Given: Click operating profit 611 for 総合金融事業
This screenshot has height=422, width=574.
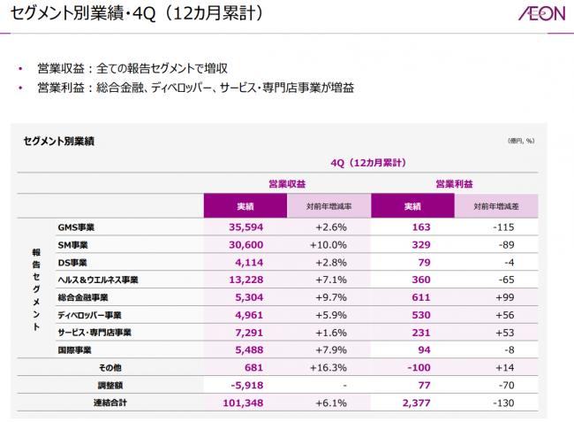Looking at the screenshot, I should click(x=413, y=297).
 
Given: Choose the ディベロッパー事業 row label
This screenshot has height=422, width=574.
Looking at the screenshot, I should click(x=89, y=315).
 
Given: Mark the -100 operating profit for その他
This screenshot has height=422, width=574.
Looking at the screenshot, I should click(x=412, y=367).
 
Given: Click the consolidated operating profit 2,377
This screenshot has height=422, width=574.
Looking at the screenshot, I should click(x=412, y=403).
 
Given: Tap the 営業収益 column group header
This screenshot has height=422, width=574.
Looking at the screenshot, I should click(x=287, y=184).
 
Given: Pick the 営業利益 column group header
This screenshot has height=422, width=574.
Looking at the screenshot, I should click(x=454, y=184).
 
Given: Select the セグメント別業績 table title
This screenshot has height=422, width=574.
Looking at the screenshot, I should click(x=59, y=141).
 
